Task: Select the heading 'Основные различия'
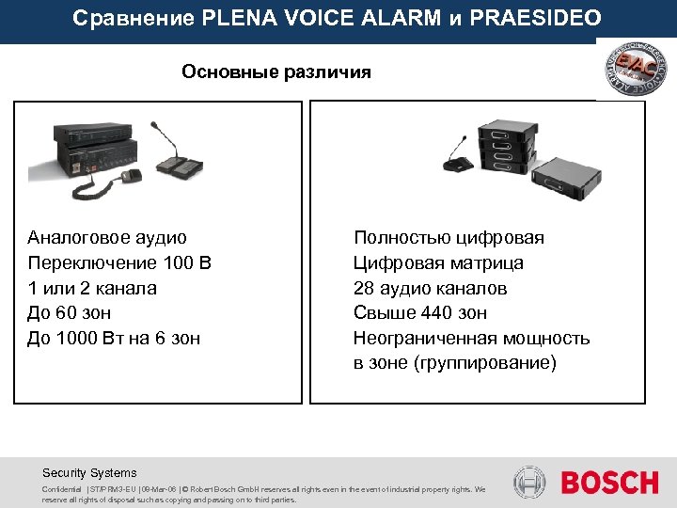click(x=276, y=71)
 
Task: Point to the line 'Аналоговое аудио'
click(x=107, y=238)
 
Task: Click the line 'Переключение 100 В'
click(x=120, y=263)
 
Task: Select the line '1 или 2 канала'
click(x=92, y=288)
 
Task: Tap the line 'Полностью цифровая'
click(x=449, y=238)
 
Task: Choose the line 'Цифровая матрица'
click(x=438, y=263)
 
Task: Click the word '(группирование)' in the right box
click(x=485, y=362)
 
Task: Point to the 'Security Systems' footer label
click(x=89, y=473)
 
